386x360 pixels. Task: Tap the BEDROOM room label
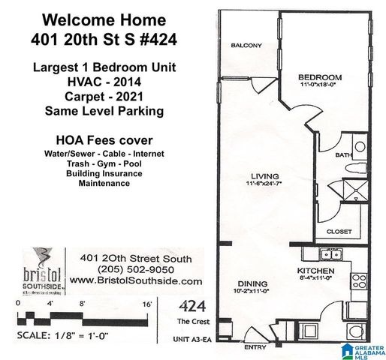click(319, 76)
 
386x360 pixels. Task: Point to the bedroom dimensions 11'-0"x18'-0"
click(319, 85)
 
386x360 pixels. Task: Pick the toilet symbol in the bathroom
click(358, 146)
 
